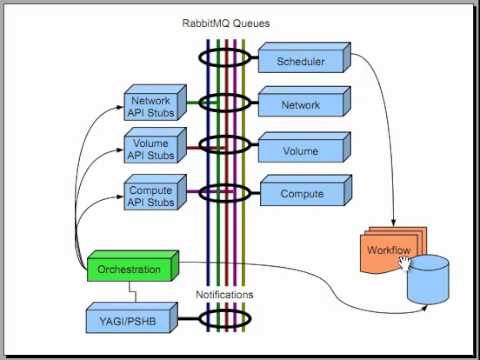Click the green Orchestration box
click(x=131, y=268)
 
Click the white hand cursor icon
click(x=406, y=262)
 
